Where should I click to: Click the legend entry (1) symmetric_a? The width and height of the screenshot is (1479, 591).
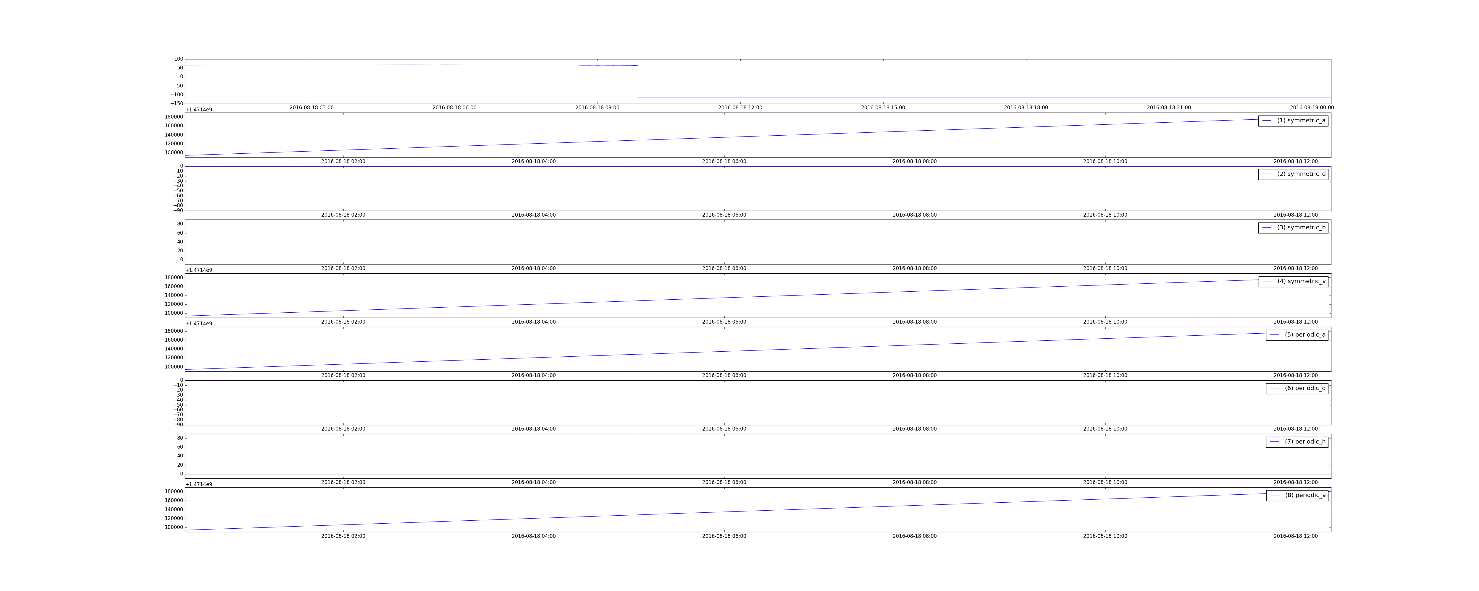point(1293,121)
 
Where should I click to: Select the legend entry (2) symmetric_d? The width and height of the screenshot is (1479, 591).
point(1293,174)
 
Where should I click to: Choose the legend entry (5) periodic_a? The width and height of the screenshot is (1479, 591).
point(1297,335)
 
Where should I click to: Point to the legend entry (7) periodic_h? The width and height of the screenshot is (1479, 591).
point(1297,442)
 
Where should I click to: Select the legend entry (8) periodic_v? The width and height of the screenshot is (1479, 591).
point(1297,495)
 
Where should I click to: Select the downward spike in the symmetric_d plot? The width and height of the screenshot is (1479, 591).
point(638,188)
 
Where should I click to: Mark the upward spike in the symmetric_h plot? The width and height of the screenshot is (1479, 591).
point(638,241)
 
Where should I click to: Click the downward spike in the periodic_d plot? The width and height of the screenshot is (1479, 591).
point(638,403)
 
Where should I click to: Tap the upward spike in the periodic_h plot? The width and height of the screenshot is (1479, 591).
point(638,454)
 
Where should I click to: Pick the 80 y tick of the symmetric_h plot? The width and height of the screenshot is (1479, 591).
point(180,224)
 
